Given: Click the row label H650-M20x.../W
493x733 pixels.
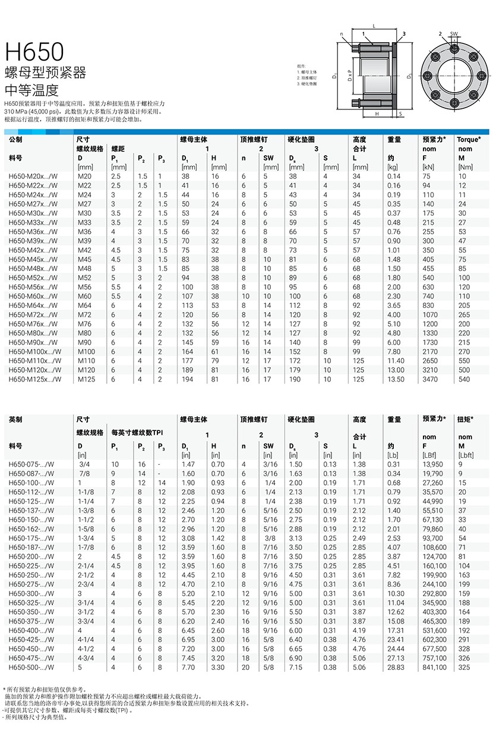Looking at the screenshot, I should click(35, 176).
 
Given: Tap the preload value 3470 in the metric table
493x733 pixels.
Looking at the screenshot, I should click(431, 379).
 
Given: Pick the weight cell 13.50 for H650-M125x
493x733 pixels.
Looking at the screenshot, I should click(395, 379).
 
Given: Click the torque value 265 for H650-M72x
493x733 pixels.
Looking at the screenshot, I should click(464, 314).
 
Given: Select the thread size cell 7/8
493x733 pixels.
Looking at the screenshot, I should click(85, 473).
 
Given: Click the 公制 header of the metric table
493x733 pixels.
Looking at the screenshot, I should click(16, 139).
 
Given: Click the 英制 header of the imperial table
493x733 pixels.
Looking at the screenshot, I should click(16, 419).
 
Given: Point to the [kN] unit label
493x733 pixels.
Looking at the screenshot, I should click(429, 168).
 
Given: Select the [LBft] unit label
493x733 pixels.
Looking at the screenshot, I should click(466, 455).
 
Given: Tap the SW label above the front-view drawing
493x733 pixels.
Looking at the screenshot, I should click(453, 34).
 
